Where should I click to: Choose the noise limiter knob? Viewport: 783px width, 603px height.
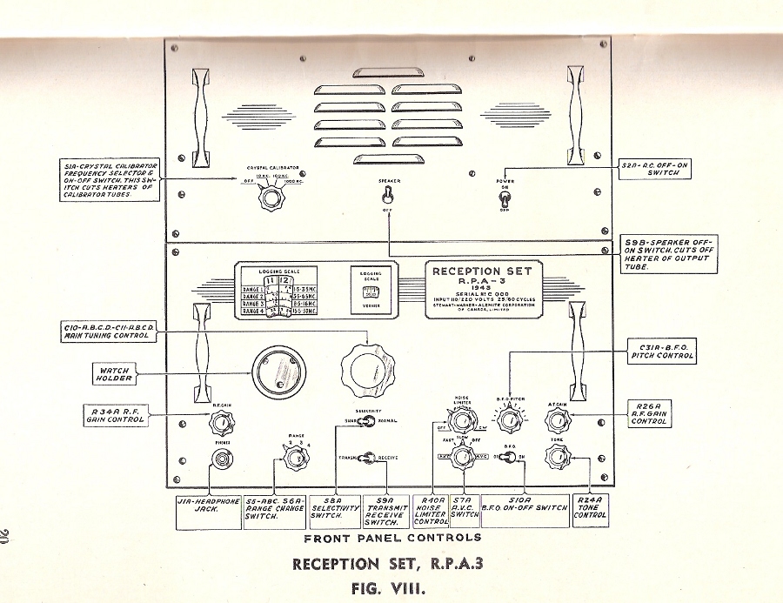click(x=461, y=422)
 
